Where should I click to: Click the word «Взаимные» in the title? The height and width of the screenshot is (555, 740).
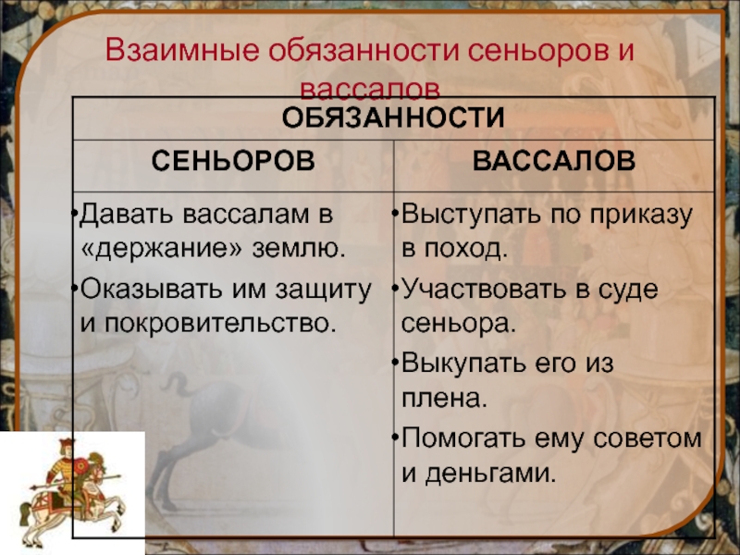182,51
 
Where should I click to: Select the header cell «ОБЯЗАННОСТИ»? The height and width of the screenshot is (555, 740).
393,117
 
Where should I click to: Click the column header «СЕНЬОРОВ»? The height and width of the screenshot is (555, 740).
233,161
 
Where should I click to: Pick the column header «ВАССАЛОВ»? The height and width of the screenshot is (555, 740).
554,161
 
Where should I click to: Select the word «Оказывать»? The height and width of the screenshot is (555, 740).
152,289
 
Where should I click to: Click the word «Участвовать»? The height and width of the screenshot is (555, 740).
483,289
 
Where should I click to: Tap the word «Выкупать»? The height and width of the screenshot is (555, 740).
464,364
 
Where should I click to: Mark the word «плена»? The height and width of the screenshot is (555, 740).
445,399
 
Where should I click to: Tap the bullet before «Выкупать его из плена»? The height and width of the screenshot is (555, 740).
395,362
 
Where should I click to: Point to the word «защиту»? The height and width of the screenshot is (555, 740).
324,290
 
